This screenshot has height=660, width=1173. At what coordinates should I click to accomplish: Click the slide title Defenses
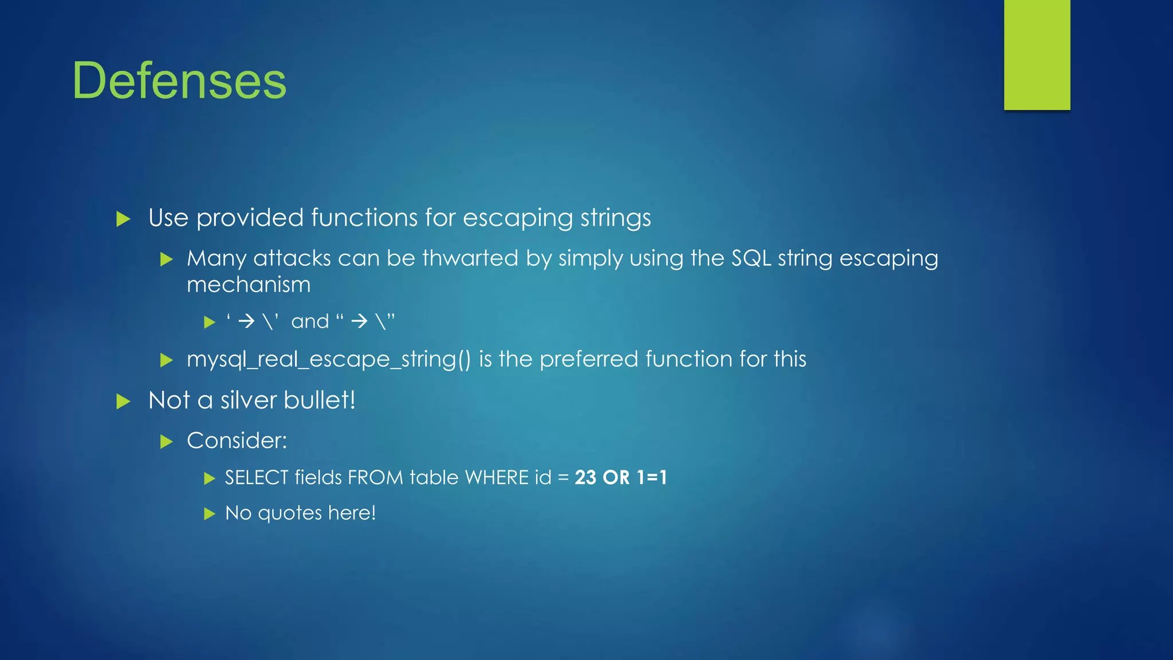179,81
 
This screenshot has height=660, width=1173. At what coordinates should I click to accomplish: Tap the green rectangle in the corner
1037,54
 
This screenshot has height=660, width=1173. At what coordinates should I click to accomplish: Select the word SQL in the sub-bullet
751,258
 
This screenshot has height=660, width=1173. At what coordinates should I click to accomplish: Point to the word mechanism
249,285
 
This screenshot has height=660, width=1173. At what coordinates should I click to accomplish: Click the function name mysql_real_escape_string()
329,359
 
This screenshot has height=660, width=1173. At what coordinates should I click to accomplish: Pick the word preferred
588,359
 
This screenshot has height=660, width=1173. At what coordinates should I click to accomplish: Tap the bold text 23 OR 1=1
621,477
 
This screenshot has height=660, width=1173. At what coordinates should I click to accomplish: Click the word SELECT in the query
257,477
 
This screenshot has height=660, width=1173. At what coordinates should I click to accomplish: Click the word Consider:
237,441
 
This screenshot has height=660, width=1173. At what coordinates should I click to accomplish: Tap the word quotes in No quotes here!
290,513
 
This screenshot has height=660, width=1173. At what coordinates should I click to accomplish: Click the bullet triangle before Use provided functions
123,219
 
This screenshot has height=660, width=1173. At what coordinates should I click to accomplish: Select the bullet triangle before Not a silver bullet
123,401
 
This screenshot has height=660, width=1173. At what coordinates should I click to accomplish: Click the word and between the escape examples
310,321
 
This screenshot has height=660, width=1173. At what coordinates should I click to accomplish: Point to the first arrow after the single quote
246,321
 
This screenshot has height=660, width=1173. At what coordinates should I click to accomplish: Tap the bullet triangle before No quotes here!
210,513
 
